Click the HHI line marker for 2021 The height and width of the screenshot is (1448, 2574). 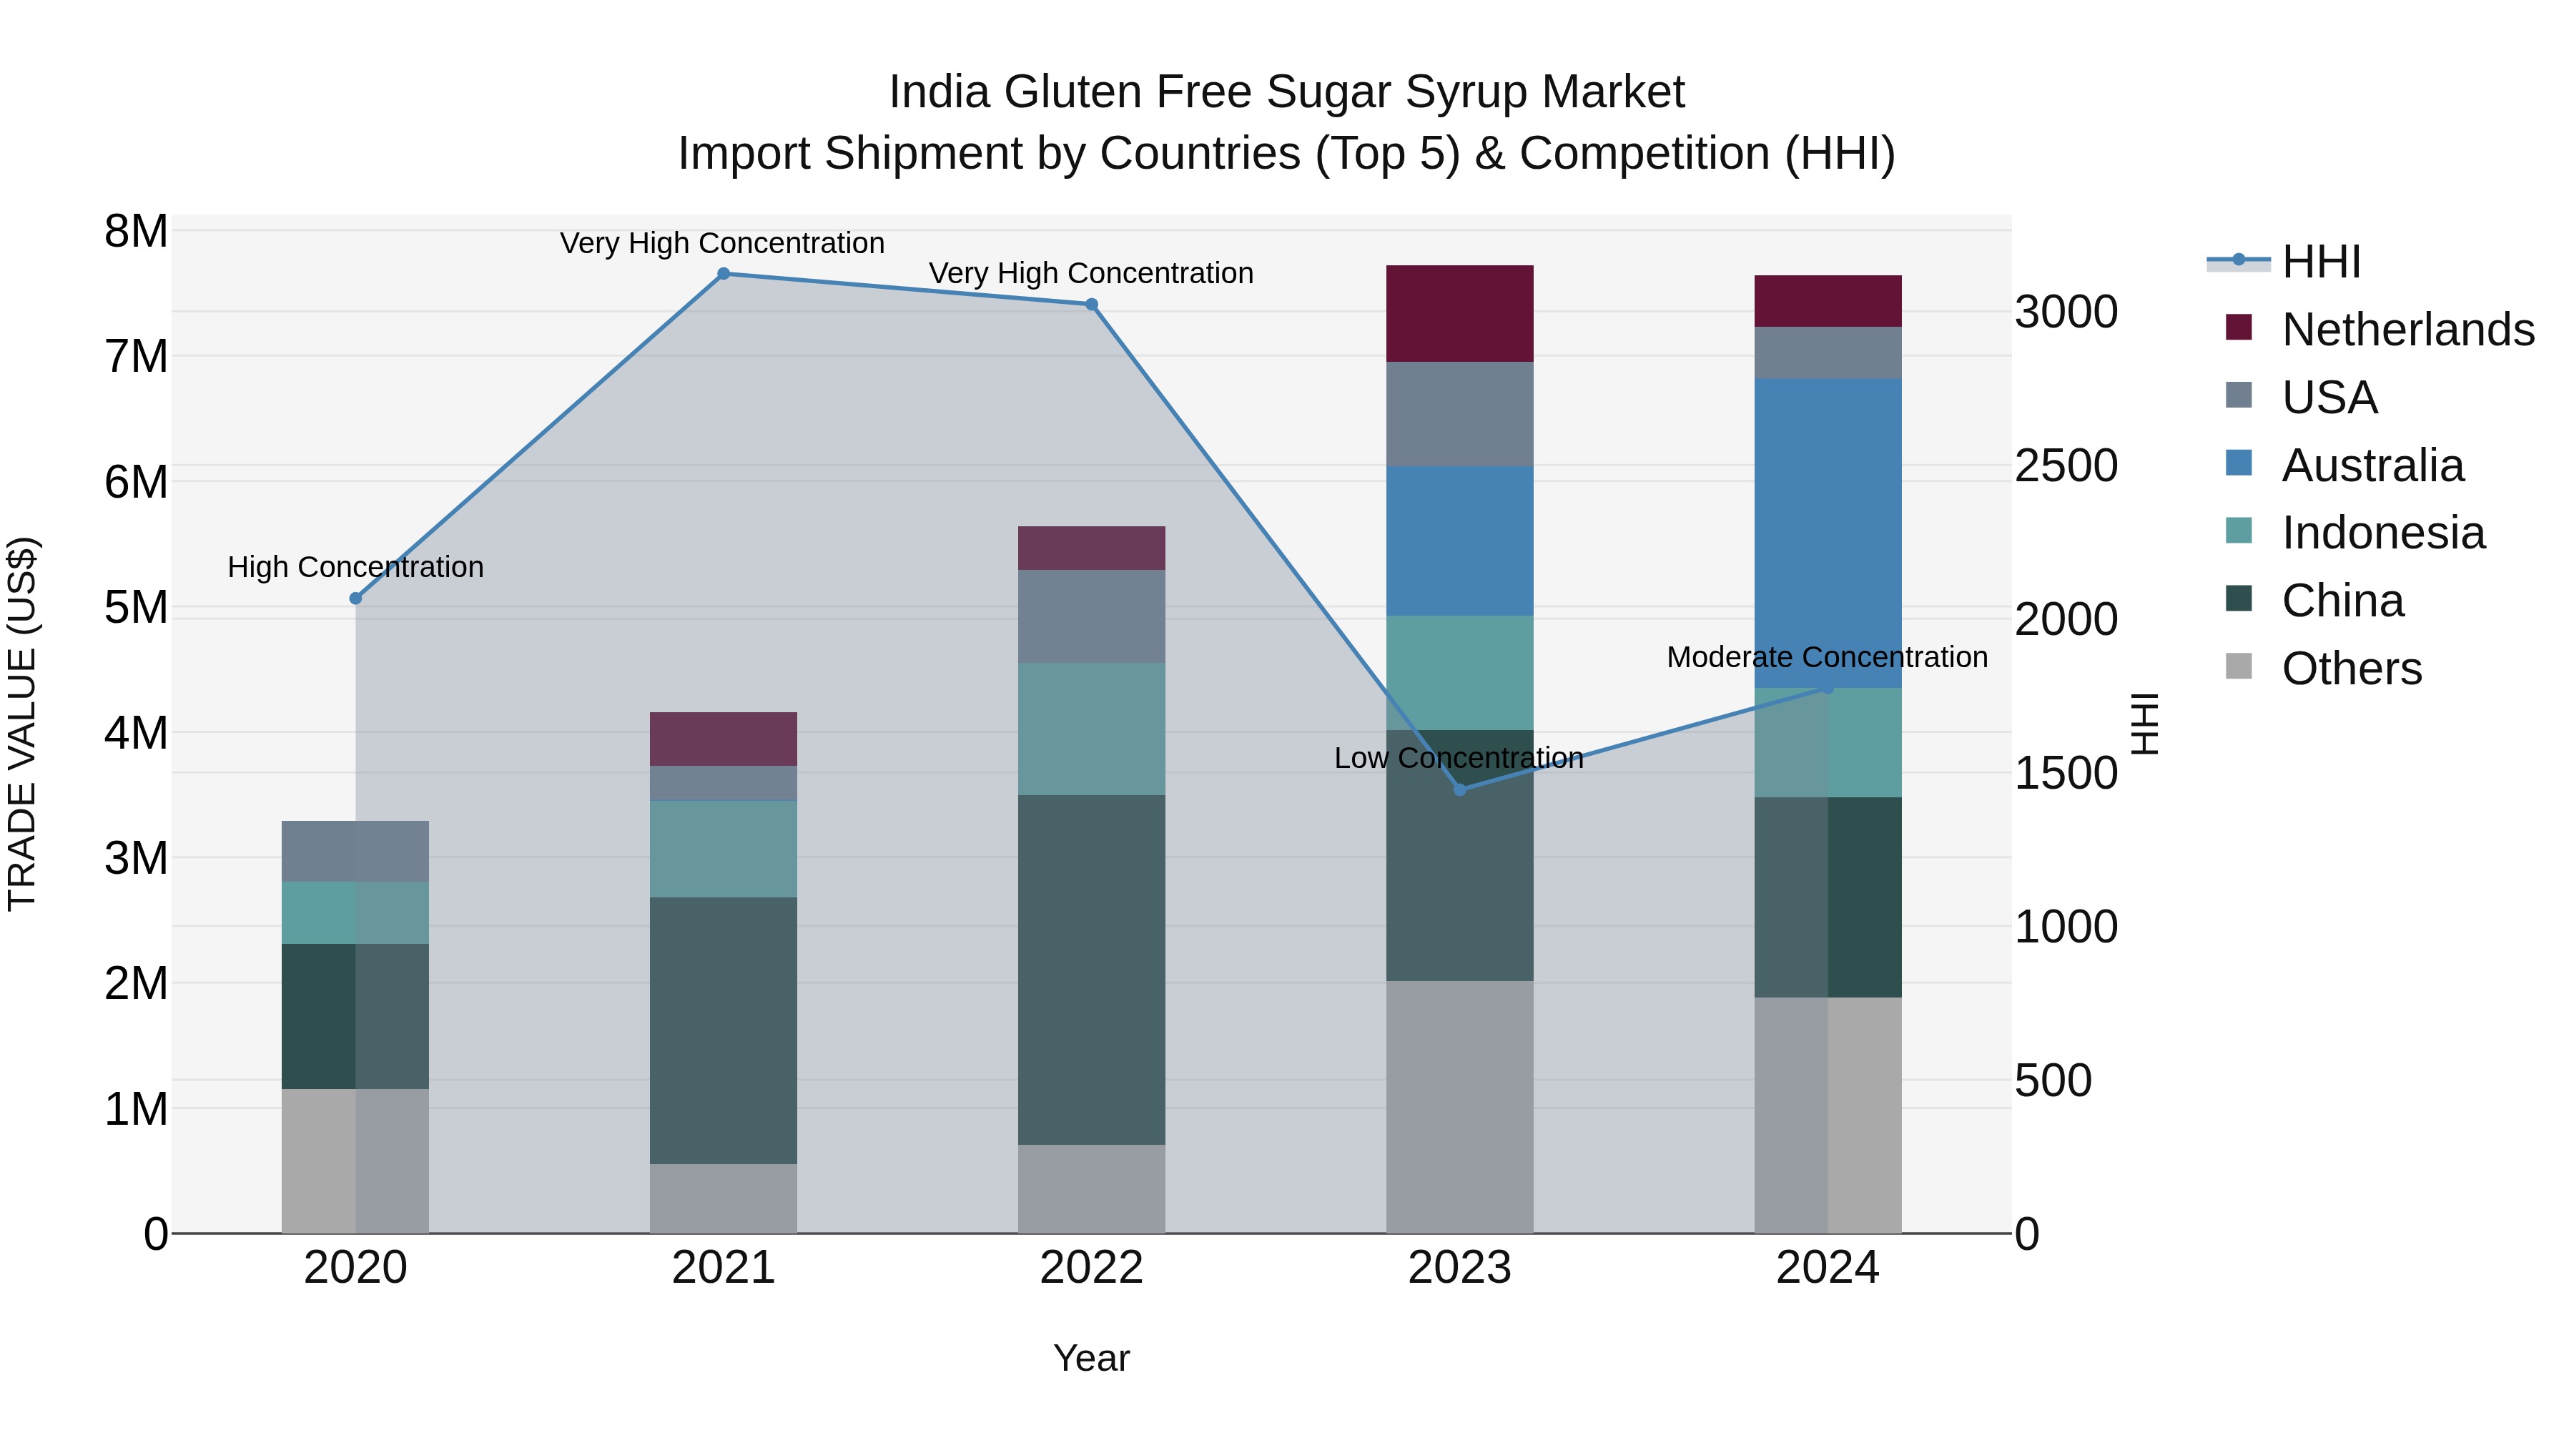[x=724, y=274]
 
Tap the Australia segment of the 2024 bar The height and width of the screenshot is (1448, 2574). [x=1828, y=533]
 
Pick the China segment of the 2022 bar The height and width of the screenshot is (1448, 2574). [x=1091, y=970]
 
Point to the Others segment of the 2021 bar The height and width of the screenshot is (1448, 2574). [x=724, y=1198]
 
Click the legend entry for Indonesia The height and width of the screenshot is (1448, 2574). [x=2382, y=533]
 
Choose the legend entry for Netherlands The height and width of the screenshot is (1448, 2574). [x=2407, y=330]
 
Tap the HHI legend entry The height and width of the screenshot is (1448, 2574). [x=2320, y=262]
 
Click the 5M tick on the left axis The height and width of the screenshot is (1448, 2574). [x=137, y=608]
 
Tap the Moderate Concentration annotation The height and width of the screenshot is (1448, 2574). [x=1827, y=658]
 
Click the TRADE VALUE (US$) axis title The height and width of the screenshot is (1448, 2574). [x=22, y=724]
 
